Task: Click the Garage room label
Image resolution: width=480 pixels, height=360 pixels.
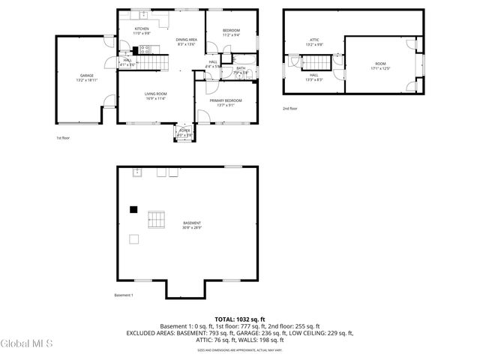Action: [x=87, y=76]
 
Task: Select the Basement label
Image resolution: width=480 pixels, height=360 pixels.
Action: [x=191, y=224]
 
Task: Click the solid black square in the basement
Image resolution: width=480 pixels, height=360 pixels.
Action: [x=133, y=209]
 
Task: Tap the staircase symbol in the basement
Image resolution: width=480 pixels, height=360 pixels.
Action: [x=157, y=219]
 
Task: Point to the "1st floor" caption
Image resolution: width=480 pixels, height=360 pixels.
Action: [x=64, y=138]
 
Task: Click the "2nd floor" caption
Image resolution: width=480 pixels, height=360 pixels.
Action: [x=290, y=109]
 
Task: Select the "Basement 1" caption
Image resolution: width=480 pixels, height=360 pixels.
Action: [x=124, y=295]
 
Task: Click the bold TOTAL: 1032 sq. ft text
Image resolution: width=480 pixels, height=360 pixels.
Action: [x=240, y=319]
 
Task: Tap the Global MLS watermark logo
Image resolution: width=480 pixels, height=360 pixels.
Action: [x=27, y=344]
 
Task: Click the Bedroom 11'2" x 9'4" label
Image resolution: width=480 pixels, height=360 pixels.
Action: [x=231, y=32]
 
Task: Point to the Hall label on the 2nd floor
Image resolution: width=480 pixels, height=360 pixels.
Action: [x=314, y=76]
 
